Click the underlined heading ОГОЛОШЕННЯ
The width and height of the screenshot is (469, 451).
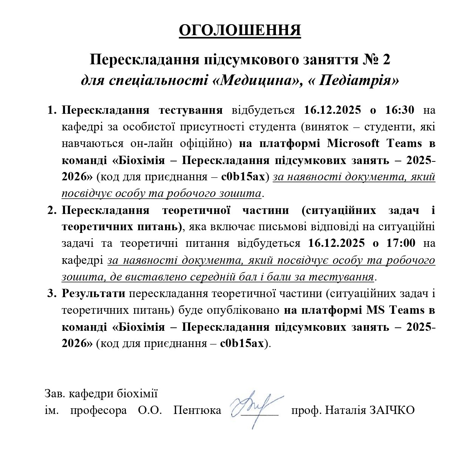point(240,31)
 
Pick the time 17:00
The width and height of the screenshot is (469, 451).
point(400,243)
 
